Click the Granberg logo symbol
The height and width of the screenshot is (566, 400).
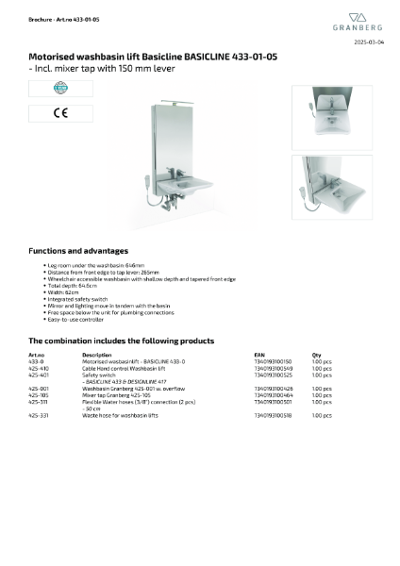point(358,17)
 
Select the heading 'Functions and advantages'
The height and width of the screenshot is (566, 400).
point(78,251)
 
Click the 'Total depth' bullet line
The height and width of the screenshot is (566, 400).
point(72,283)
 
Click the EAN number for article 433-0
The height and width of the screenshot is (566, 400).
point(273,361)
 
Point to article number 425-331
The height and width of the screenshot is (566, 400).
point(39,415)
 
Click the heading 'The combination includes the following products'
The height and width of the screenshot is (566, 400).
point(121,341)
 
